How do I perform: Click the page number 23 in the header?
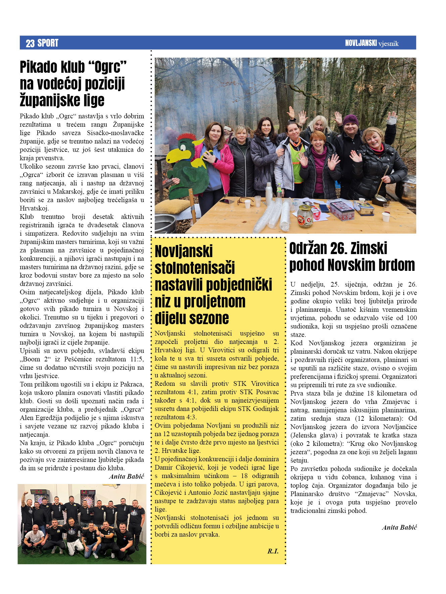(x=30, y=43)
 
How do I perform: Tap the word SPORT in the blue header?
(x=48, y=43)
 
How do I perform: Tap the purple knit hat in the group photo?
(x=350, y=120)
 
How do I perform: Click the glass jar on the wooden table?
(x=305, y=216)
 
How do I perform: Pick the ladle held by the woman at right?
(x=381, y=188)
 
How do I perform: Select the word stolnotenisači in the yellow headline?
(x=195, y=268)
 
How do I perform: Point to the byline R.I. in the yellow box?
(x=273, y=551)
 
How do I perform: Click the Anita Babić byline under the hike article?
(x=399, y=527)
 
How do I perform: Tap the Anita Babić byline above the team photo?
(x=127, y=476)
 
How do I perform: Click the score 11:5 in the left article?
(x=137, y=359)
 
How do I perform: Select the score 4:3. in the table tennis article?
(x=190, y=417)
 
